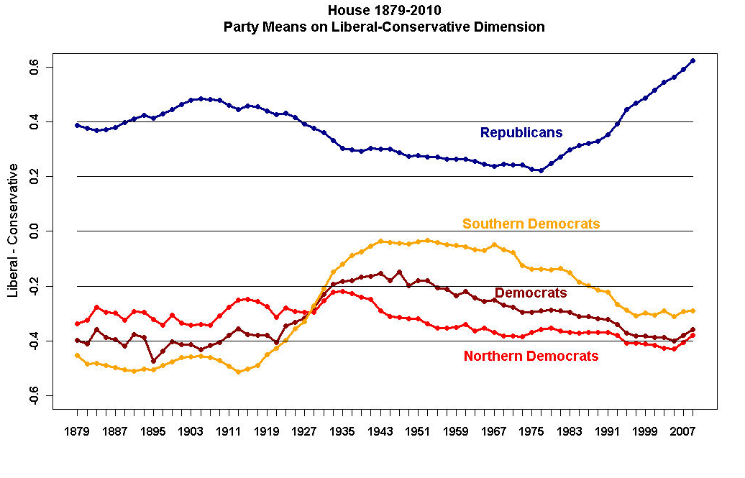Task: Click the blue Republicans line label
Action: [x=521, y=133]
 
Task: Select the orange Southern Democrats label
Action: [x=531, y=224]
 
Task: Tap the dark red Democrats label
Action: [x=531, y=293]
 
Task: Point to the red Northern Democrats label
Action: [x=531, y=357]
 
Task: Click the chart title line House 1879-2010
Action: [x=384, y=11]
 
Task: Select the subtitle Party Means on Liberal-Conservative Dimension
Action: [x=384, y=27]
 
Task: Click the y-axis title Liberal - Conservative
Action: [x=13, y=230]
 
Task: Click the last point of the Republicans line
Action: [x=693, y=60]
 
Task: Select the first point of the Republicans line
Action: [x=77, y=125]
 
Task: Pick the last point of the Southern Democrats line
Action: [x=693, y=311]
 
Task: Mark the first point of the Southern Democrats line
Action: [x=77, y=355]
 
